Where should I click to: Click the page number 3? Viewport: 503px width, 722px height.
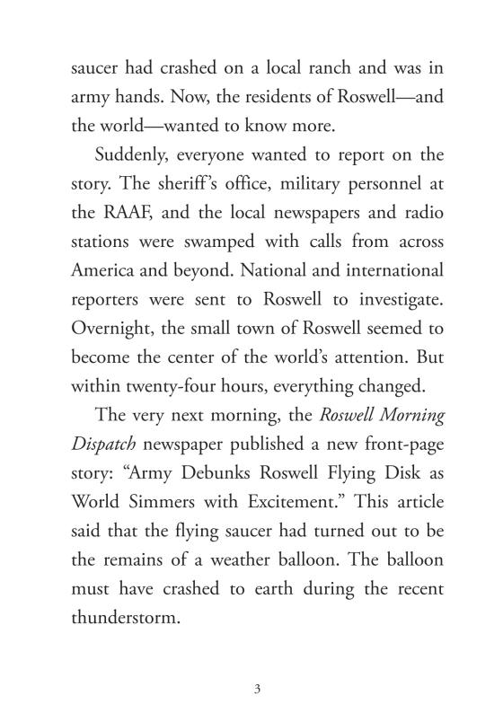257,689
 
